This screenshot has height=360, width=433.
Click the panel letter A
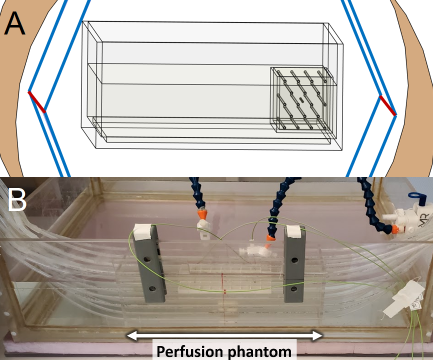pos(14,23)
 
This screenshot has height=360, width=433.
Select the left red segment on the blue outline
pos(37,101)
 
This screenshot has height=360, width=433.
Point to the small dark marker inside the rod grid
pos(301,99)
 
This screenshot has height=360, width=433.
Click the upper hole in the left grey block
pos(148,260)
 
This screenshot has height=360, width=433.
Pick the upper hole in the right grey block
pos(294,260)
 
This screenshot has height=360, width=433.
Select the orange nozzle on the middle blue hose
pos(270,239)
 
